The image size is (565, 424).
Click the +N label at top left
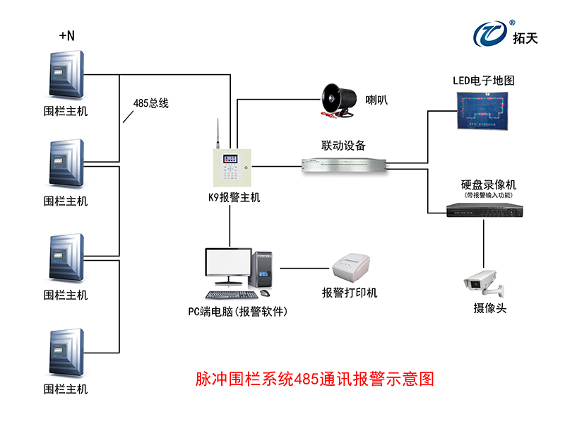66,35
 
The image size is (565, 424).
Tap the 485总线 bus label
150,103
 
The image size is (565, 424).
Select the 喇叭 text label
376,100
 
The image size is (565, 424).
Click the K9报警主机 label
229,198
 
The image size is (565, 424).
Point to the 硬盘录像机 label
484,184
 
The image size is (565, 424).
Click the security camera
483,282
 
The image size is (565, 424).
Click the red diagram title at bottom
314,379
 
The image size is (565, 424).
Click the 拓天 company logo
505,33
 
